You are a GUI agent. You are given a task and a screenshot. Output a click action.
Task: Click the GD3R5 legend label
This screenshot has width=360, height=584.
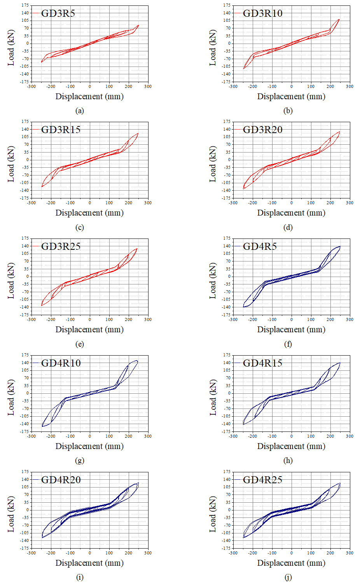(x=58, y=13)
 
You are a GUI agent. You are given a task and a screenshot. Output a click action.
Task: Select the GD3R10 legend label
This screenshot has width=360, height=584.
(x=262, y=13)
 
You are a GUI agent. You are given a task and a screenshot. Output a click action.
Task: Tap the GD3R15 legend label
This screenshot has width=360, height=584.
(x=61, y=130)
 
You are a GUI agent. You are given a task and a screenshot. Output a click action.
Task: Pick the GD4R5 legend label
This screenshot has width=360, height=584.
(x=260, y=246)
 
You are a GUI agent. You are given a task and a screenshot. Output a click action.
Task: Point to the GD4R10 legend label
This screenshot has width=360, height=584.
(x=61, y=363)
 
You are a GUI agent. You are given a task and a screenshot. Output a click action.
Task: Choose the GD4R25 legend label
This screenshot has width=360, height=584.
(x=262, y=480)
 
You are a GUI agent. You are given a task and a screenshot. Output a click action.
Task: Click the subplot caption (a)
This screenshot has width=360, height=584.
(x=80, y=111)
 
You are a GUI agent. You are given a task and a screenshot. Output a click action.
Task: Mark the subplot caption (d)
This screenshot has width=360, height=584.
(x=288, y=228)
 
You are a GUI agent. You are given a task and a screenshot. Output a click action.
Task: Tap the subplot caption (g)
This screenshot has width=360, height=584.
(x=80, y=461)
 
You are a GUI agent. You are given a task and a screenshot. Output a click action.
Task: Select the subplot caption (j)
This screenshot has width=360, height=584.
(x=288, y=577)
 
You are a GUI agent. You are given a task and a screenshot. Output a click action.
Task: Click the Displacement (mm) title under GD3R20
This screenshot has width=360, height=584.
(x=291, y=213)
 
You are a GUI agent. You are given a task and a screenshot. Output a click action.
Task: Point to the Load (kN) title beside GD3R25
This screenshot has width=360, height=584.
(x=11, y=281)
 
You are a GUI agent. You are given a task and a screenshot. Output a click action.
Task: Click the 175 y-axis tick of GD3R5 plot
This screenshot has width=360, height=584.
(x=25, y=5)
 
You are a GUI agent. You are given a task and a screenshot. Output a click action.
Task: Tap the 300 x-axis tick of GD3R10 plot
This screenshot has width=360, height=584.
(x=350, y=86)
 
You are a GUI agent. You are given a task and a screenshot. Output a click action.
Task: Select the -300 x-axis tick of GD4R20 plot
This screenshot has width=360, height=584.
(x=31, y=553)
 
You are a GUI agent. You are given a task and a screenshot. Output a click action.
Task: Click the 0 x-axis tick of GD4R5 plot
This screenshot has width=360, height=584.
(x=292, y=319)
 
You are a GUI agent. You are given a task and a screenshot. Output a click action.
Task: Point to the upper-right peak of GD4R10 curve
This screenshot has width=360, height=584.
(x=136, y=361)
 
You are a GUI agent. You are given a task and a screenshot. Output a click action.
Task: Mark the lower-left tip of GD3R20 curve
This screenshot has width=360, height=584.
(x=244, y=189)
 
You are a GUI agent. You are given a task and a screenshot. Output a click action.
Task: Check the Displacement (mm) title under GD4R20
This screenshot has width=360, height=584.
(x=89, y=563)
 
